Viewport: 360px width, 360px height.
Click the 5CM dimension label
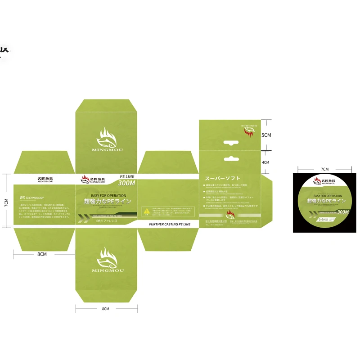tap(266, 135)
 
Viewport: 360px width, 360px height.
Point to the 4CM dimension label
tap(265, 162)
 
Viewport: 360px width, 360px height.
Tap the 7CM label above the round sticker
tap(324, 169)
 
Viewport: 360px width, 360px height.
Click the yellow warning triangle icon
tap(146, 210)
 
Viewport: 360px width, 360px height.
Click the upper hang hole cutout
tap(230, 143)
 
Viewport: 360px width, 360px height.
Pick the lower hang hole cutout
tap(230, 158)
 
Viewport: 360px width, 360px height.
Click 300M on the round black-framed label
tap(343, 211)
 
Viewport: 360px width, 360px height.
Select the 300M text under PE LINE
tap(126, 184)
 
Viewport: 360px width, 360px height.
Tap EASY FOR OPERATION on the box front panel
tap(106, 195)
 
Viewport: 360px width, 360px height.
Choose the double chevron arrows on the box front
tap(84, 220)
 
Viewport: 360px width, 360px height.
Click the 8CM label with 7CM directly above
tap(42, 254)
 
